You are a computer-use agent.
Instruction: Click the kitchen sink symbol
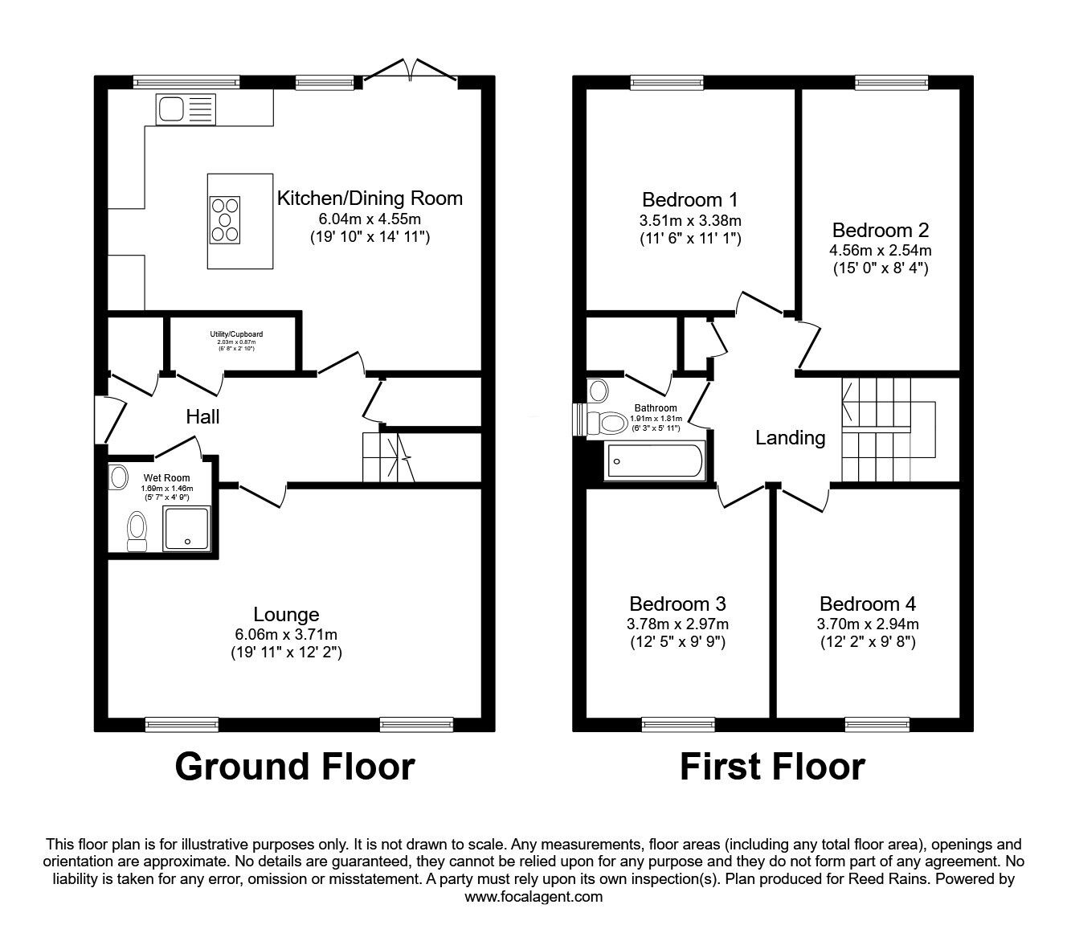tap(186, 108)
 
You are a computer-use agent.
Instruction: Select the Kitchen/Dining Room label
tap(370, 198)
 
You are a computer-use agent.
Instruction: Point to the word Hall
tap(202, 416)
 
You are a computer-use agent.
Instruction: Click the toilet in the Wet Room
tap(137, 531)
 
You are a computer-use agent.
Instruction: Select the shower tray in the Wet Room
tap(187, 528)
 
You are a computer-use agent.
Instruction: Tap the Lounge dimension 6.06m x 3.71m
tap(286, 634)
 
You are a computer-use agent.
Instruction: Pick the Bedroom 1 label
tap(689, 199)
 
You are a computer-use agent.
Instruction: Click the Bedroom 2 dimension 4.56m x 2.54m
tap(881, 250)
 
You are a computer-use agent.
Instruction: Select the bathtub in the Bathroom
tap(655, 461)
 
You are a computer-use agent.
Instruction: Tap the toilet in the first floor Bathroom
tap(608, 423)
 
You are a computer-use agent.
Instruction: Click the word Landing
tap(790, 438)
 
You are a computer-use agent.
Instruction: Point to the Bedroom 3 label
tap(677, 604)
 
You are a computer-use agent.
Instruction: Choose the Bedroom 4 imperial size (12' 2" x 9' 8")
tap(868, 642)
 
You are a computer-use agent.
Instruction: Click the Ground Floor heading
tap(294, 766)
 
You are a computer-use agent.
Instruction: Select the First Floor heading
tap(772, 766)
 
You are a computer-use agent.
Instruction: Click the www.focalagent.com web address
tap(533, 897)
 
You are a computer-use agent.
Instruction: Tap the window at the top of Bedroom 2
tap(892, 80)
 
